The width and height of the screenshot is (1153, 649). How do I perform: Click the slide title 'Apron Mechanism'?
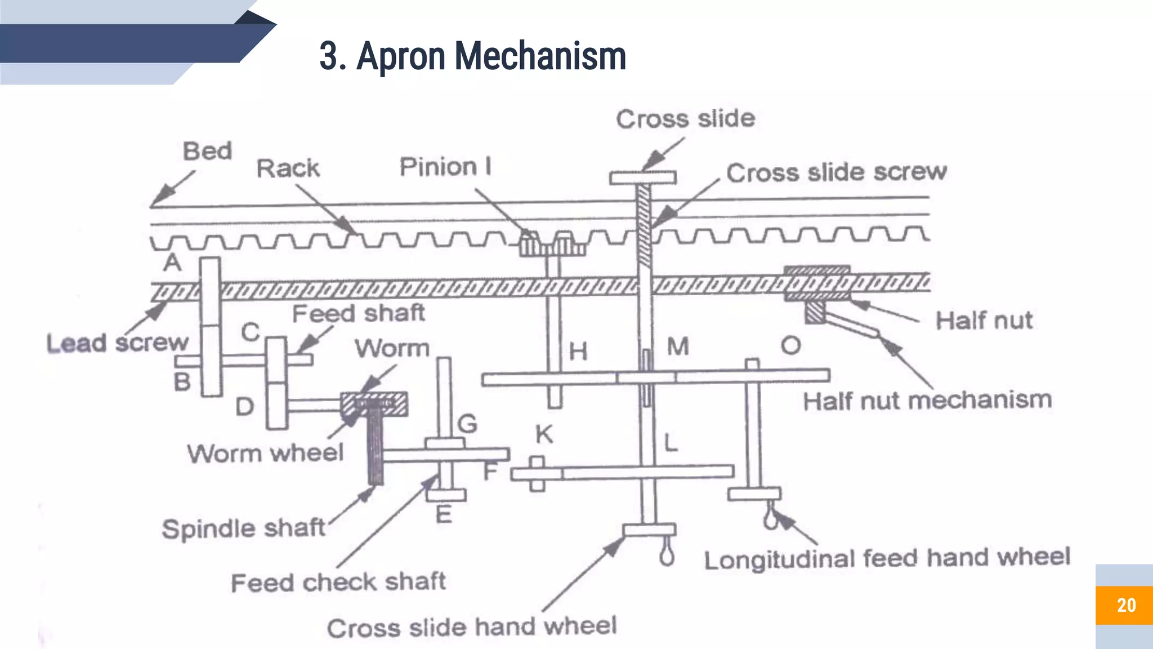pyautogui.click(x=473, y=56)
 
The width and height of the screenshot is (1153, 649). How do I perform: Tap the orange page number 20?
pyautogui.click(x=1125, y=605)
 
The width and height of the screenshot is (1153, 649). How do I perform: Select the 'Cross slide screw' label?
pyautogui.click(x=836, y=172)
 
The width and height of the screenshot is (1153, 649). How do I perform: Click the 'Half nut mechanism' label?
pyautogui.click(x=927, y=401)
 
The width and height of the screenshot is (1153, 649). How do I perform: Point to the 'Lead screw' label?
pyautogui.click(x=117, y=343)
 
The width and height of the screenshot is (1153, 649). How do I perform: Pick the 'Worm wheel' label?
pyautogui.click(x=265, y=453)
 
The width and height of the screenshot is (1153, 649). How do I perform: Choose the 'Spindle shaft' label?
pyautogui.click(x=243, y=528)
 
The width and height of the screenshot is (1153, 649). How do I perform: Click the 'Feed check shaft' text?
pyautogui.click(x=338, y=582)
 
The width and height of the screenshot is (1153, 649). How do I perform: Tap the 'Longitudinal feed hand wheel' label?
pyautogui.click(x=887, y=558)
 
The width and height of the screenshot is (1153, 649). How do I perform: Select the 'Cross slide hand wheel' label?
pyautogui.click(x=472, y=627)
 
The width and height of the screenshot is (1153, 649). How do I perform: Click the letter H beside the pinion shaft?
pyautogui.click(x=578, y=352)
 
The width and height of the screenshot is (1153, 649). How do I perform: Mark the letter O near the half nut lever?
pyautogui.click(x=790, y=345)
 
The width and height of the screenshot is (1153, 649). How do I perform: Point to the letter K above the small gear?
pyautogui.click(x=544, y=434)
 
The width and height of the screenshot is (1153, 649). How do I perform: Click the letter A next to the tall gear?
pyautogui.click(x=172, y=263)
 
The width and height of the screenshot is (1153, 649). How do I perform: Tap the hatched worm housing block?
pyautogui.click(x=374, y=404)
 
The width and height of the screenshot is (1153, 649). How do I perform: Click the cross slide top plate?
pyautogui.click(x=642, y=178)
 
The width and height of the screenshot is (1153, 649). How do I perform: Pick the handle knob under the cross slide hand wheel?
pyautogui.click(x=667, y=555)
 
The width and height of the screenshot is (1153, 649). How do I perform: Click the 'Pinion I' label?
pyautogui.click(x=445, y=167)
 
